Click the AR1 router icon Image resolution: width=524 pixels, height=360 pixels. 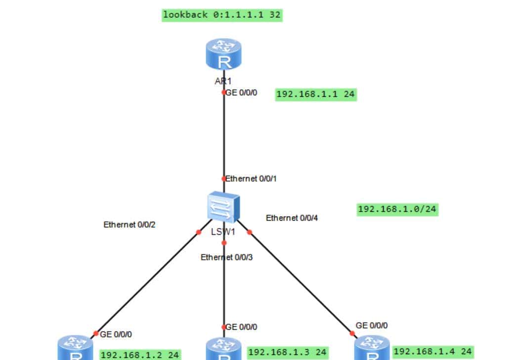pyautogui.click(x=223, y=54)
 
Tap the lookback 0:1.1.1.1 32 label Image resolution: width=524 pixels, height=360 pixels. pyautogui.click(x=222, y=15)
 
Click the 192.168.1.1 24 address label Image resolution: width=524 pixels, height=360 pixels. pyautogui.click(x=315, y=94)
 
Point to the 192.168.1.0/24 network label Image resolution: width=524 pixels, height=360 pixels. pyautogui.click(x=397, y=209)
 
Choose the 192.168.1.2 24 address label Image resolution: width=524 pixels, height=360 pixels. pyautogui.click(x=140, y=355)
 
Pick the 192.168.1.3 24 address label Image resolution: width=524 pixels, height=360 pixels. pyautogui.click(x=287, y=352)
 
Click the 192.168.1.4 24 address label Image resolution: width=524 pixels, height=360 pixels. pyautogui.click(x=433, y=351)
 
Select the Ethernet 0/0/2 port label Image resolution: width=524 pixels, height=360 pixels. pyautogui.click(x=130, y=225)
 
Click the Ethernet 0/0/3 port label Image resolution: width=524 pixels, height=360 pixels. pyautogui.click(x=227, y=257)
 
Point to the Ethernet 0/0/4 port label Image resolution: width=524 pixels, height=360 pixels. pyautogui.click(x=292, y=218)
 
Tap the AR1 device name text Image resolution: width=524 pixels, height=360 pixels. pyautogui.click(x=223, y=81)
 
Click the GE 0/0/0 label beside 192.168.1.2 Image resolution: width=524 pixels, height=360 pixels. pyautogui.click(x=116, y=334)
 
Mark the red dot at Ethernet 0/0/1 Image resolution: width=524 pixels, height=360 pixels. pyautogui.click(x=223, y=179)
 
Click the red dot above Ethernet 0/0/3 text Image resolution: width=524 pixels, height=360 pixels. pyautogui.click(x=224, y=243)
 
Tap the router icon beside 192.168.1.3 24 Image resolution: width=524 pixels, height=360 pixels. pyautogui.click(x=223, y=350)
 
